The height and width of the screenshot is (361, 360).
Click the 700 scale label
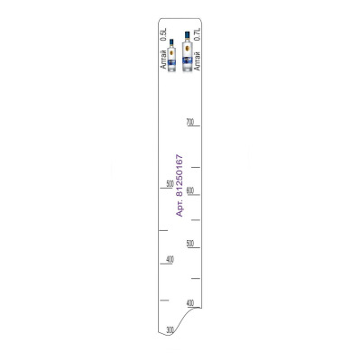tap(190, 122)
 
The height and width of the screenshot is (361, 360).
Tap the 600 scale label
tap(190, 190)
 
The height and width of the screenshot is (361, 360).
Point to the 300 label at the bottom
tap(170, 329)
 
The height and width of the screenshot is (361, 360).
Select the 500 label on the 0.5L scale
tap(171, 184)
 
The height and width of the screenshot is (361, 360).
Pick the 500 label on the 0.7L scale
tap(190, 244)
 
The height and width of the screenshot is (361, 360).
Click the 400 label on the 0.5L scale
tap(171, 259)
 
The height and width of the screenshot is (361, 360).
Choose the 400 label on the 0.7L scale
tap(190, 303)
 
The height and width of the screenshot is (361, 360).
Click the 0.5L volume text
tap(163, 34)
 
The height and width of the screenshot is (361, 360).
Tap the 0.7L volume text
tap(198, 34)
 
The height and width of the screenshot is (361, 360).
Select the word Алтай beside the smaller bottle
tap(163, 60)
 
